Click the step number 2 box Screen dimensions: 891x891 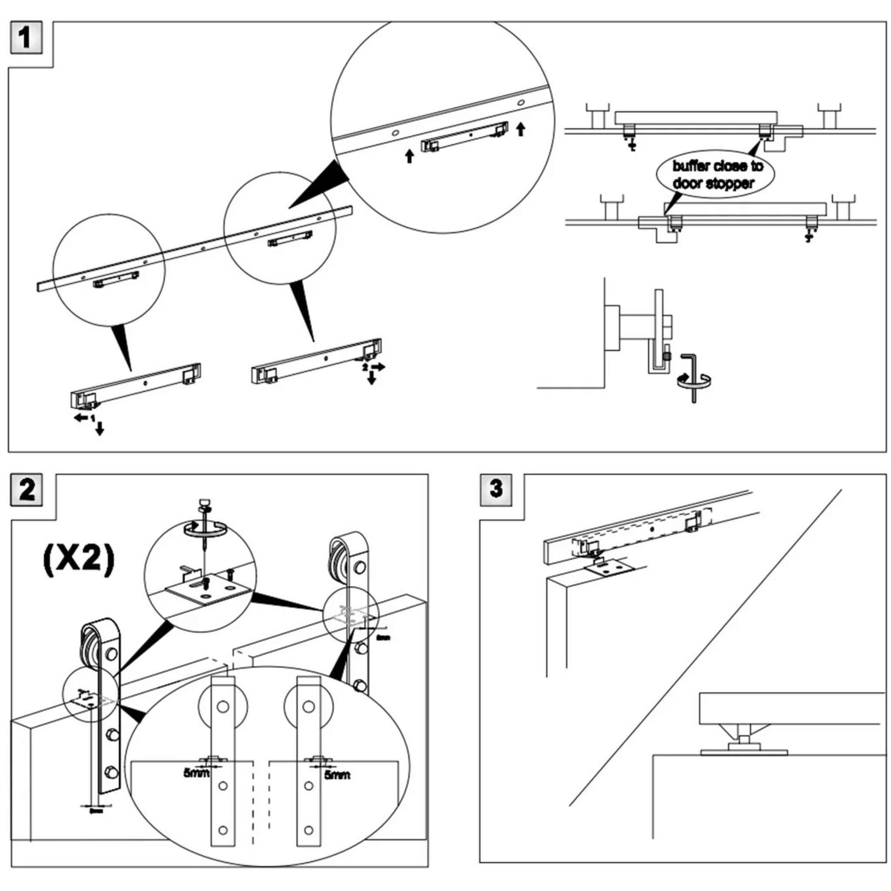(27, 490)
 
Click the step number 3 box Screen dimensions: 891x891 (496, 489)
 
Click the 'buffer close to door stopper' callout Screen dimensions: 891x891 (715, 174)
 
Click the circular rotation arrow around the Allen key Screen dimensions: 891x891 (694, 381)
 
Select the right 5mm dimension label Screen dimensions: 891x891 (337, 775)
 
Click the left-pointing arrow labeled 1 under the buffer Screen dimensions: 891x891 (82, 418)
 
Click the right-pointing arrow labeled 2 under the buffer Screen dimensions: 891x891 (378, 367)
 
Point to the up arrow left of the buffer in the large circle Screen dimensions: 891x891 (409, 157)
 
